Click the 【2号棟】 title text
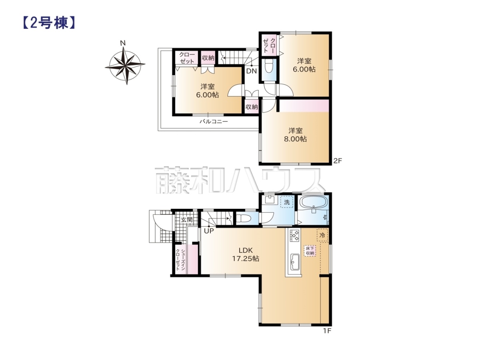(x=49, y=23)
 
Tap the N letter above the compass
(x=123, y=43)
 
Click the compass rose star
(x=125, y=65)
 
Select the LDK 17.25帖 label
(x=246, y=254)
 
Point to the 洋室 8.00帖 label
(x=295, y=135)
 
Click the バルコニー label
(x=214, y=121)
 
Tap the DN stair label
(x=252, y=71)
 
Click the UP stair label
(x=209, y=231)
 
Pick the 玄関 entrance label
(x=186, y=220)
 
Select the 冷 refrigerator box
(x=322, y=235)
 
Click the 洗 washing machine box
(x=287, y=202)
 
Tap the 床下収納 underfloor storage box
(x=310, y=251)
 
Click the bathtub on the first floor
(x=314, y=202)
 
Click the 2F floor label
(x=338, y=161)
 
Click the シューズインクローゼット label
(x=181, y=260)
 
